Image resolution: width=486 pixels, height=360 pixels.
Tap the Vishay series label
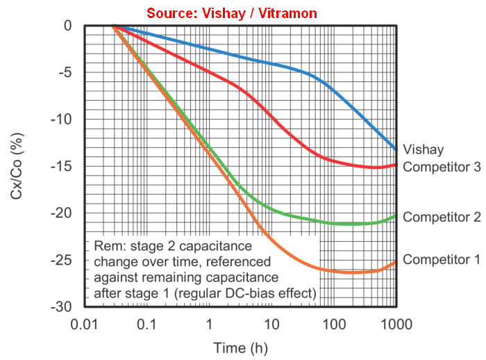423,149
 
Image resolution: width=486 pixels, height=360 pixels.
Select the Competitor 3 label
442,167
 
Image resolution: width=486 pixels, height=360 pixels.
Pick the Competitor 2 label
442,217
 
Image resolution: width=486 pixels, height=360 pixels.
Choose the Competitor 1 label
442,259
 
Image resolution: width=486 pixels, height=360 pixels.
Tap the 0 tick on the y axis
68,26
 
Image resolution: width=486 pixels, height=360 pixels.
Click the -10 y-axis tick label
62,119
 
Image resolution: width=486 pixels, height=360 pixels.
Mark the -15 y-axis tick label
62,166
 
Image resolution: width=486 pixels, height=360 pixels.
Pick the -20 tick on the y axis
62,213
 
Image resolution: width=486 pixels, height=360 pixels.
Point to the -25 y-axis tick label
62,260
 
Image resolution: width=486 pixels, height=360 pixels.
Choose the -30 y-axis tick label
62,306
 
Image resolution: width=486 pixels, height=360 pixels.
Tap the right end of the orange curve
396,261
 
